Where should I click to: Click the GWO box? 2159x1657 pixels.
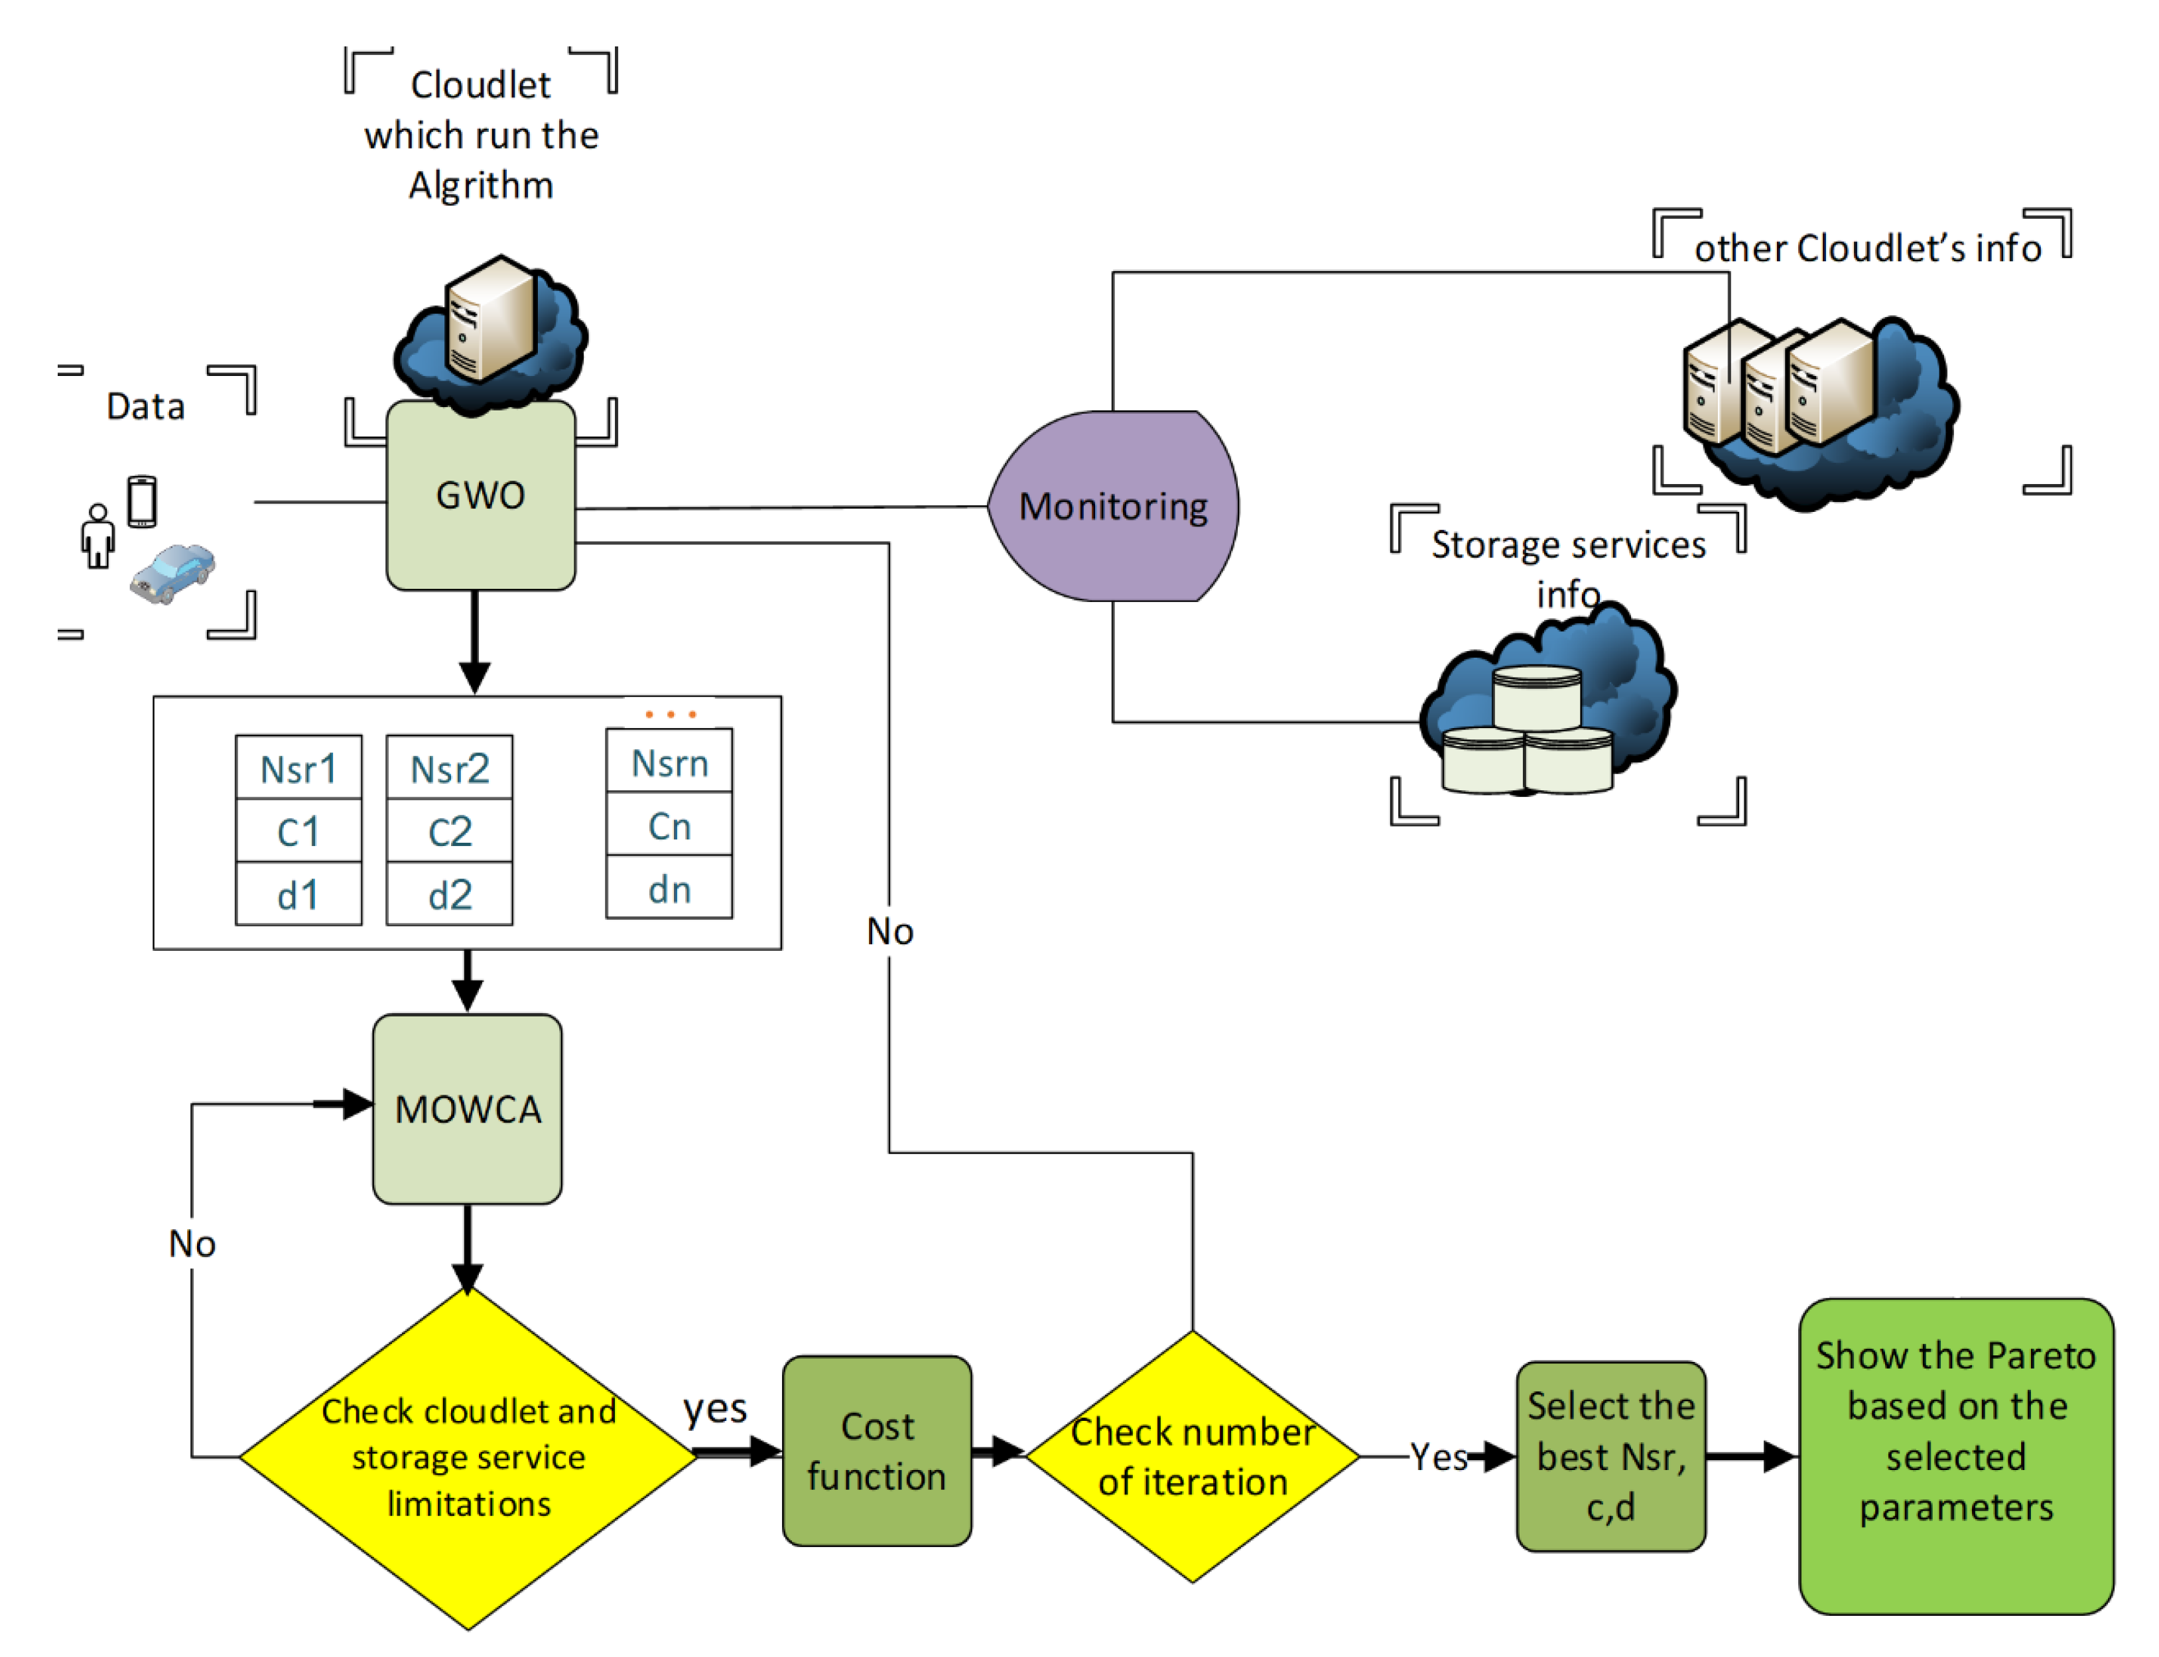point(480,495)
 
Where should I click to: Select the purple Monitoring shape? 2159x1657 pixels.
point(1113,506)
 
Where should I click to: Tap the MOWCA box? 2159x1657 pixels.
point(468,1109)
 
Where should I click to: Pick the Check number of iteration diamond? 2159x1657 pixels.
point(1193,1456)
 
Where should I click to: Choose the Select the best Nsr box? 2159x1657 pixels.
point(1611,1457)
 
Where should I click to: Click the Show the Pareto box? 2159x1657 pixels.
point(1957,1456)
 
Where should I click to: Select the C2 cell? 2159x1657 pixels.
point(450,830)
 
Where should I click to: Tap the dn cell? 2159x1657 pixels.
point(669,888)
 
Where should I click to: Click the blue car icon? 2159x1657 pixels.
point(172,573)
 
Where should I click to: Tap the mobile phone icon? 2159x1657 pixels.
point(142,501)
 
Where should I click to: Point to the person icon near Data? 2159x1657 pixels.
point(98,536)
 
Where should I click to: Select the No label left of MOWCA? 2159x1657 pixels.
point(192,1244)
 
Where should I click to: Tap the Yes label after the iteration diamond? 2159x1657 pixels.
point(1439,1457)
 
